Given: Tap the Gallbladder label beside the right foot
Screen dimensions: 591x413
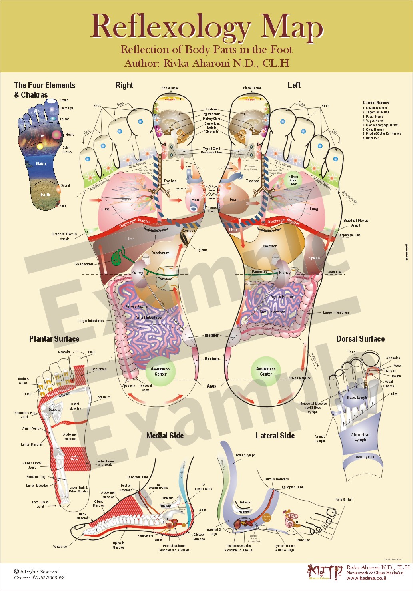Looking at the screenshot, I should [x=84, y=264].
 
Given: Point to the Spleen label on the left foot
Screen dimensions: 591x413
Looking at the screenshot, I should [x=314, y=258].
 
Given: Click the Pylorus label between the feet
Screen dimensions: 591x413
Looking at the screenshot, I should [x=202, y=250].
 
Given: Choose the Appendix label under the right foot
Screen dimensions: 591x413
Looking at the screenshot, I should [x=129, y=386].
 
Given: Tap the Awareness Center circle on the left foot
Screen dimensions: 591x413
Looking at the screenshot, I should [x=266, y=372].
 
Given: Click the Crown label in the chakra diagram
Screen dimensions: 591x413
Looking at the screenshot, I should [x=64, y=101].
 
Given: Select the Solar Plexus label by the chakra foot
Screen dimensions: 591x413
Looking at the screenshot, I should [x=67, y=150].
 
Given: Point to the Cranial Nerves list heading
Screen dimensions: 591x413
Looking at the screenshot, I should [x=376, y=103].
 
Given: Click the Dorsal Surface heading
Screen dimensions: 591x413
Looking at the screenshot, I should [x=360, y=339].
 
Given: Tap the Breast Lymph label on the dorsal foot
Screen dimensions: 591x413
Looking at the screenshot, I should [x=357, y=398].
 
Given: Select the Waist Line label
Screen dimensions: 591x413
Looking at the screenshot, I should [x=334, y=272].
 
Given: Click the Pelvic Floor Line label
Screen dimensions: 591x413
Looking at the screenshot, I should [x=299, y=378].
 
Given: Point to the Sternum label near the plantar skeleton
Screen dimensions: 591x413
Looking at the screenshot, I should [x=104, y=397].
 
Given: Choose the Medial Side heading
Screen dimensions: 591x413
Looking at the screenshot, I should [x=165, y=436].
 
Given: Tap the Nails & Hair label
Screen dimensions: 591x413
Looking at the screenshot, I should [x=344, y=499].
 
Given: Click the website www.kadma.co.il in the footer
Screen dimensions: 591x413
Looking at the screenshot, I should [x=366, y=578].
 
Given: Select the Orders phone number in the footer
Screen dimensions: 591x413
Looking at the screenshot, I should [x=39, y=577].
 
